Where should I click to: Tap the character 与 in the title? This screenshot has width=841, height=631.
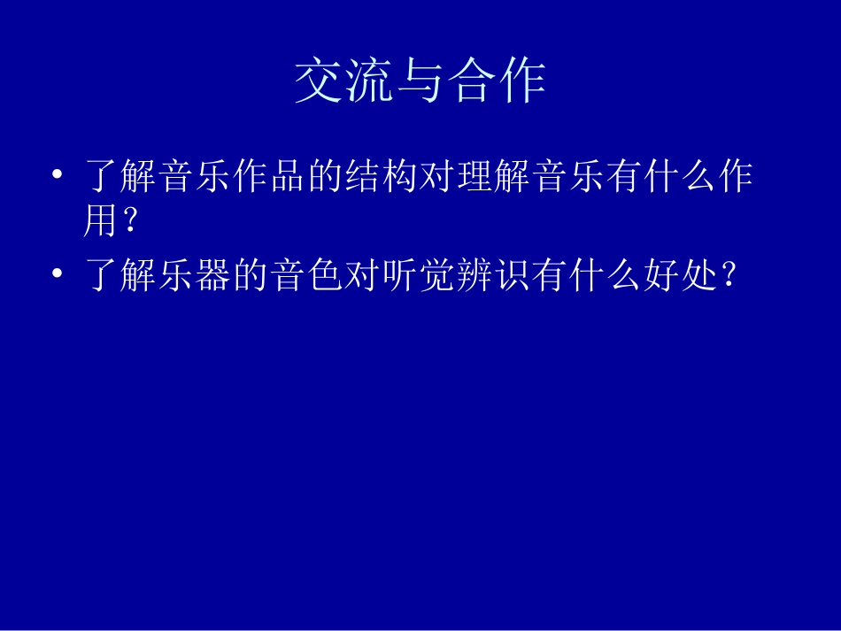pos(420,82)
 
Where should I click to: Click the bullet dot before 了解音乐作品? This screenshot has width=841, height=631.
pos(58,177)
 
